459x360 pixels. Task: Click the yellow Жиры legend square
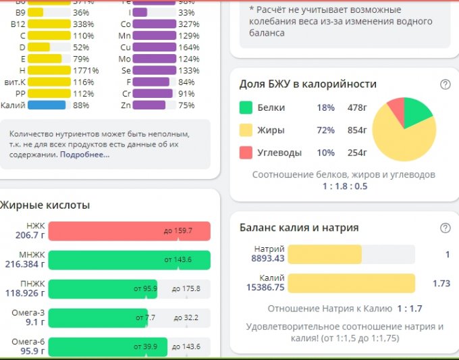[246, 130]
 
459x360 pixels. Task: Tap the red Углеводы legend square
[246, 153]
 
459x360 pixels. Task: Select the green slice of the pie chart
[416, 113]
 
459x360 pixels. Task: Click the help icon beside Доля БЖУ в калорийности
[445, 84]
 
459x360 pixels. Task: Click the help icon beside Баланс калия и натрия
[445, 228]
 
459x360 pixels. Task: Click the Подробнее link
[84, 155]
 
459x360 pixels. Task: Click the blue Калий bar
[42, 105]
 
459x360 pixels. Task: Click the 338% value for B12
[84, 24]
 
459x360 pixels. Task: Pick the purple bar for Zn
[149, 105]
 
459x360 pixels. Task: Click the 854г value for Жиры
[355, 130]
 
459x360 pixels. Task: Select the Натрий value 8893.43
[268, 259]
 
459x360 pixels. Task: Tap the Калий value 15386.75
[265, 287]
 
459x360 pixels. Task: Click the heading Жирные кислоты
[45, 205]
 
